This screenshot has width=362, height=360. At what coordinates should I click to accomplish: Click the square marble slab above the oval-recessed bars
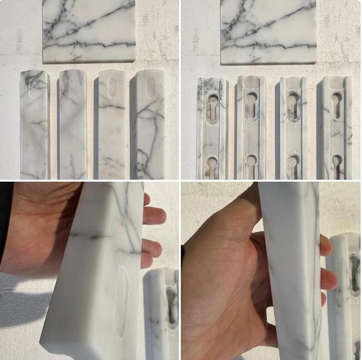pyautogui.click(x=89, y=31)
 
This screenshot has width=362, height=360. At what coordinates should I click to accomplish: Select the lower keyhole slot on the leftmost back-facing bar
pyautogui.click(x=212, y=166)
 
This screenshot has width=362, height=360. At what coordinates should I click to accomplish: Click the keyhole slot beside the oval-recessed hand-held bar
pyautogui.click(x=172, y=306)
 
